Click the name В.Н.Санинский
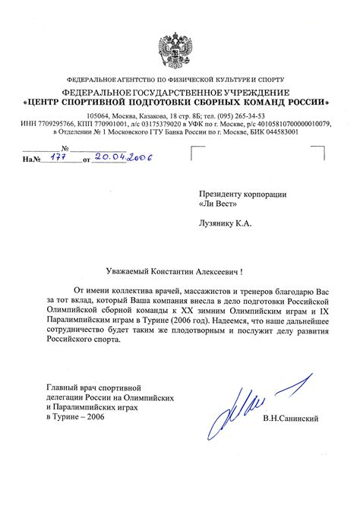pyautogui.click(x=289, y=419)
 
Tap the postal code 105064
pyautogui.click(x=101, y=115)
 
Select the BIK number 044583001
pyautogui.click(x=273, y=131)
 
